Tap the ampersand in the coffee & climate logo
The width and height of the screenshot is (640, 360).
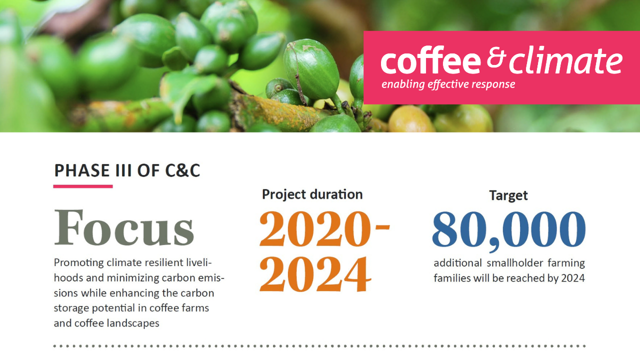click(x=497, y=57)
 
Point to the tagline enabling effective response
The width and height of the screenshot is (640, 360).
click(x=448, y=84)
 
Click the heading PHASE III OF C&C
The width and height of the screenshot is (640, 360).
click(x=127, y=170)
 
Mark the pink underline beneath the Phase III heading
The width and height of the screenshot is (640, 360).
click(x=83, y=186)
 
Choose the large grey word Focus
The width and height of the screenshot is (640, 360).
click(x=124, y=227)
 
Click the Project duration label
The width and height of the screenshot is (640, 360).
click(x=312, y=194)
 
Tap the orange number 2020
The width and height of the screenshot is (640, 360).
click(x=315, y=229)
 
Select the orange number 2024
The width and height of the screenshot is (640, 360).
click(x=315, y=274)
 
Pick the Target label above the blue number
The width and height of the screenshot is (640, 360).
click(x=508, y=195)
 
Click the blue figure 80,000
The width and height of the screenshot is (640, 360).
click(x=509, y=230)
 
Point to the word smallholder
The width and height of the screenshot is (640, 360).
click(x=515, y=263)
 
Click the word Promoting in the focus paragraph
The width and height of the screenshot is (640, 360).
click(x=78, y=263)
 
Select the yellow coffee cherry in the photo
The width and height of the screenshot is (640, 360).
click(x=410, y=119)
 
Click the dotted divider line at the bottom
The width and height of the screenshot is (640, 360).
click(x=319, y=346)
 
